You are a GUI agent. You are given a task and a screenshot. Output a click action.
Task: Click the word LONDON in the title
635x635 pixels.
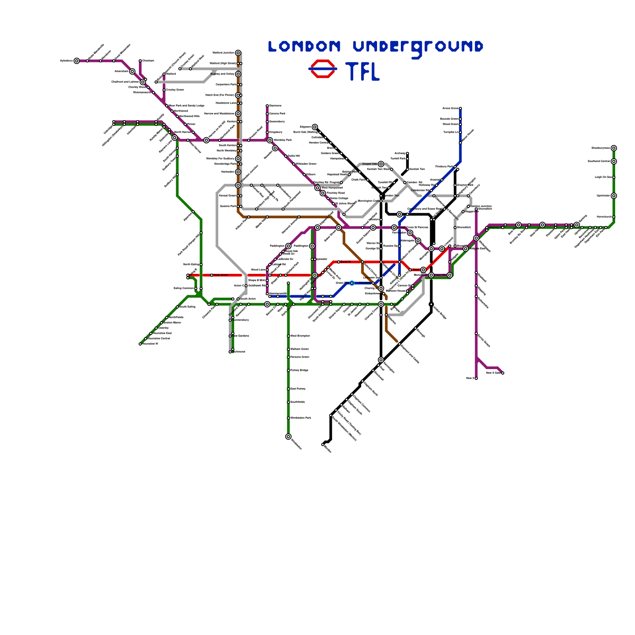(x=304, y=46)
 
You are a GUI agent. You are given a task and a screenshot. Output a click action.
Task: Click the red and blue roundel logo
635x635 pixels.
(x=323, y=69)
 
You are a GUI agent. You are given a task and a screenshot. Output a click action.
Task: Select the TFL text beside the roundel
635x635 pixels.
(x=363, y=71)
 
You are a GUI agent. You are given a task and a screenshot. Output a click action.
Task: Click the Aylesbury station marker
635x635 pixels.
(x=77, y=61)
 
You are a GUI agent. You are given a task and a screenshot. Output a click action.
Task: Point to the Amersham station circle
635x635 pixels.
(x=132, y=71)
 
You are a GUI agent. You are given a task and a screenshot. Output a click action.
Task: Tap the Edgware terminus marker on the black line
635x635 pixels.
(x=315, y=127)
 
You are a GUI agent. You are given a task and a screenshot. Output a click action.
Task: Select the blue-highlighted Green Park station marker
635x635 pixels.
(x=352, y=283)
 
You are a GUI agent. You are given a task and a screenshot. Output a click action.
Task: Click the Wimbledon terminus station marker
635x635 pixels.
(x=288, y=437)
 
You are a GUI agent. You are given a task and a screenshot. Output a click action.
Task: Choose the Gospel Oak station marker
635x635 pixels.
(x=381, y=164)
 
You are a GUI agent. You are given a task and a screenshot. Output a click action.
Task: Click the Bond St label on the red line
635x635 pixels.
(x=346, y=262)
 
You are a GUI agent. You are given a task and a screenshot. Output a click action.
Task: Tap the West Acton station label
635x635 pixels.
(x=221, y=275)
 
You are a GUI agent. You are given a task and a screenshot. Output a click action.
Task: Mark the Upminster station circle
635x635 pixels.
(x=614, y=196)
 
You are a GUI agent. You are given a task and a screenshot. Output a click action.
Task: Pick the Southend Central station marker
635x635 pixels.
(x=614, y=162)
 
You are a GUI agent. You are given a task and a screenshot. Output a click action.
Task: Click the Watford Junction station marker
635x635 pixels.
(x=238, y=53)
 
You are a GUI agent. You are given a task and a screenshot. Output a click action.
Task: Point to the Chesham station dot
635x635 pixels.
(x=140, y=61)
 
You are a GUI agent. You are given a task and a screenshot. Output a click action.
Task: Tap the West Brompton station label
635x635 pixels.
(x=300, y=336)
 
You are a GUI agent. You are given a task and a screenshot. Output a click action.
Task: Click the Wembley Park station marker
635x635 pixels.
(x=270, y=140)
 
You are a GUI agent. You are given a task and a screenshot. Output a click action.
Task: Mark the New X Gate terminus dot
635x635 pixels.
(x=502, y=373)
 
